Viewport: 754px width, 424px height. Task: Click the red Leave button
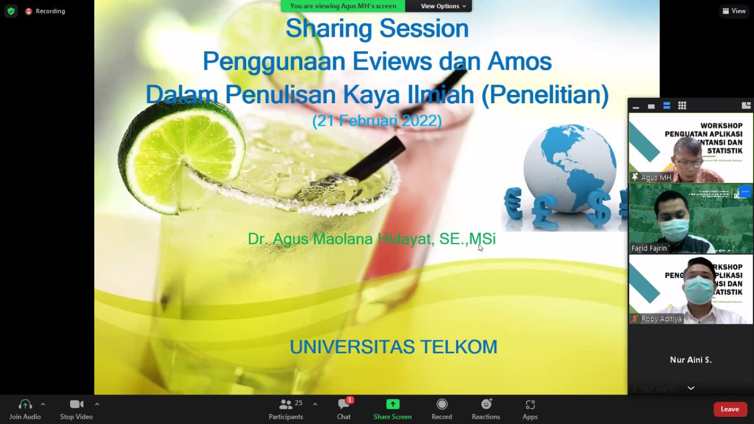(x=730, y=409)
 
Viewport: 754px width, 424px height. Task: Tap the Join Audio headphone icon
(x=25, y=405)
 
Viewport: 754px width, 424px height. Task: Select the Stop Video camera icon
(x=76, y=405)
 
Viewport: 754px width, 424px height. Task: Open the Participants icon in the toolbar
(x=286, y=405)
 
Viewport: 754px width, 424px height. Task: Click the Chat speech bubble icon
(x=343, y=405)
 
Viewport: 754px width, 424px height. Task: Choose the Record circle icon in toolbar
(x=441, y=405)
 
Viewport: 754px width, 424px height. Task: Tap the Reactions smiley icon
(x=486, y=405)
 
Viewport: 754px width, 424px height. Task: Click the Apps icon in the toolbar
(x=530, y=405)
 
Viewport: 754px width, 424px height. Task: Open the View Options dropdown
(x=443, y=6)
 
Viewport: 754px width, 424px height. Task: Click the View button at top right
(x=734, y=11)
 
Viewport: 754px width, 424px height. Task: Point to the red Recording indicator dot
(x=28, y=11)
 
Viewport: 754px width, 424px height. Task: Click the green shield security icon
(x=11, y=11)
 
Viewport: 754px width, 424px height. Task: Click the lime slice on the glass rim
(x=181, y=147)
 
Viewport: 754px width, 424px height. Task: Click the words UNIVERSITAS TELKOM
(x=393, y=347)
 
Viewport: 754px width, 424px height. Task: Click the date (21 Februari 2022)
(x=377, y=121)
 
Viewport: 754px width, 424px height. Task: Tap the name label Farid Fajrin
(x=649, y=248)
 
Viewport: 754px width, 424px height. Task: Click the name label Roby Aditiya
(x=661, y=319)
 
